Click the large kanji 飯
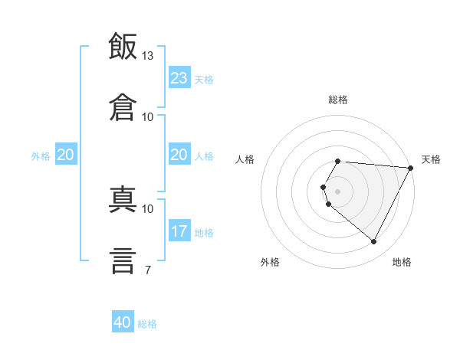pos(123,46)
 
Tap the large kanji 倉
pos(123,107)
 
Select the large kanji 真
pos(123,199)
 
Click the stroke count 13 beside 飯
pos(147,56)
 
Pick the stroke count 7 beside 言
pos(148,270)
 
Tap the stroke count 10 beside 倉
pos(147,117)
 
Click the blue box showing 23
pos(179,77)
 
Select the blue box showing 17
pos(179,230)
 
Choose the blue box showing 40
pos(123,321)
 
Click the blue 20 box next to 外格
pos(66,154)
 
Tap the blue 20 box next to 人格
pos(179,154)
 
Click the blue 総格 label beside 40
pos(147,324)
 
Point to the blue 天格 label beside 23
pos(204,80)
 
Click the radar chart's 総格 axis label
pos(338,100)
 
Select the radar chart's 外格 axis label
pos(270,262)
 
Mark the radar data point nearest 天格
pos(410,168)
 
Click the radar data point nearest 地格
pos(373,241)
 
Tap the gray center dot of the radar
pos(337,191)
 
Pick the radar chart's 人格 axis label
pos(245,159)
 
